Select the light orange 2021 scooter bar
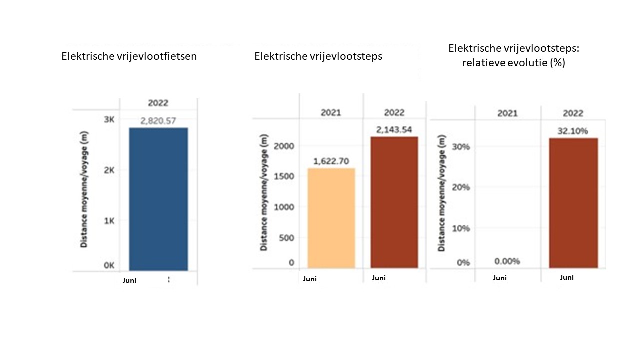coord(331,218)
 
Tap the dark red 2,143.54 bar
coord(394,202)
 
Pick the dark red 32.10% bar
coord(573,203)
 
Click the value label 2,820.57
coord(158,120)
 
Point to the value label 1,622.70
coord(331,161)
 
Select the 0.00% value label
coord(507,261)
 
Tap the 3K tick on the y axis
coord(109,119)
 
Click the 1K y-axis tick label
coord(109,221)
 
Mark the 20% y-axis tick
coord(460,187)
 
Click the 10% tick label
coord(460,228)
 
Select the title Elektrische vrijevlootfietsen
coord(129,56)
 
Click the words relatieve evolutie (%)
coord(507,63)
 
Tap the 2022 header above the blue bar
coord(158,103)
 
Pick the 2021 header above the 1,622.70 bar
coord(331,113)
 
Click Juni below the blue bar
coord(129,280)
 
